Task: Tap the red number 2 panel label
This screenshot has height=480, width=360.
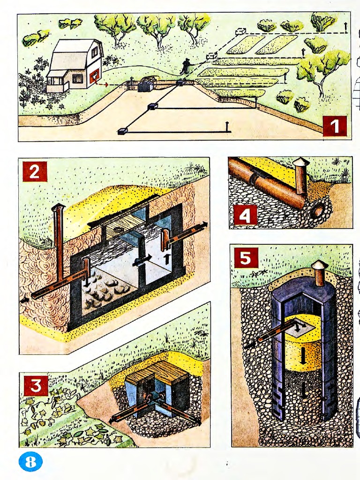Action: pyautogui.click(x=35, y=172)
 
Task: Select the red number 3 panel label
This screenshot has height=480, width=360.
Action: pyautogui.click(x=36, y=386)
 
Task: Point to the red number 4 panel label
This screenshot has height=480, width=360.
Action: pyautogui.click(x=245, y=216)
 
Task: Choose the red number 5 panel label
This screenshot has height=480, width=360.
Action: pyautogui.click(x=246, y=258)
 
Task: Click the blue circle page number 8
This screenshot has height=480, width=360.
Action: pyautogui.click(x=30, y=461)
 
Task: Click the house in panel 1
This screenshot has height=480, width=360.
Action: pyautogui.click(x=75, y=65)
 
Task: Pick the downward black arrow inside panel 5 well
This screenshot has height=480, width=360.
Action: pyautogui.click(x=303, y=356)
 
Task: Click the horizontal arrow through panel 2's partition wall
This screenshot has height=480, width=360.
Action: pyautogui.click(x=142, y=261)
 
